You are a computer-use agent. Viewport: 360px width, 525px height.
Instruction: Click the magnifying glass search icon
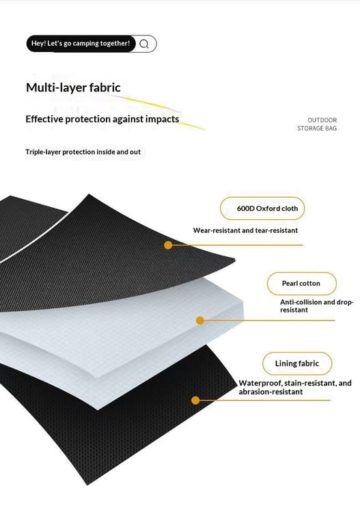144,44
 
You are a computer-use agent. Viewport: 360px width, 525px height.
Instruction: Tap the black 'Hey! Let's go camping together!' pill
81,44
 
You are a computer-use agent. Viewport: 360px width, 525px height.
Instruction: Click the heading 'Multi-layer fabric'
73,87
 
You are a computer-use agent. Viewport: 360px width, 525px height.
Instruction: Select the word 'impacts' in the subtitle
163,119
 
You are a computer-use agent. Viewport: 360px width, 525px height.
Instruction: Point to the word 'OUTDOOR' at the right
322,120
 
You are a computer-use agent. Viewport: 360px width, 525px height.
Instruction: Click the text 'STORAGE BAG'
317,129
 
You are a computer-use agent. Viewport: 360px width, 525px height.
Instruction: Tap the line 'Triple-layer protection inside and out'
83,152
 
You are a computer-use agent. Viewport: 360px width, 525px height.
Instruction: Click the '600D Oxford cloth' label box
262,208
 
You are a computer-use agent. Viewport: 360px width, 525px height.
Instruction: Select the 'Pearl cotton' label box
301,284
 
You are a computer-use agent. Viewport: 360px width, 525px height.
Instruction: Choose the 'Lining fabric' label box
297,363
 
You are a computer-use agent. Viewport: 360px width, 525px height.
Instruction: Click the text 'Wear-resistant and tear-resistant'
245,230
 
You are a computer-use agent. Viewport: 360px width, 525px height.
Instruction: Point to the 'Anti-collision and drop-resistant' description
316,306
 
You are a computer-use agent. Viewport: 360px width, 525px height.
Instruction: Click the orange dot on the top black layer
168,245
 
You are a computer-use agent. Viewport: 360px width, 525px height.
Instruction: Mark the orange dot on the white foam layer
200,321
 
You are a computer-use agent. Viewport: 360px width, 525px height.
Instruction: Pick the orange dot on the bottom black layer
195,400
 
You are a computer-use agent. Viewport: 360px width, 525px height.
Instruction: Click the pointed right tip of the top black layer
235,260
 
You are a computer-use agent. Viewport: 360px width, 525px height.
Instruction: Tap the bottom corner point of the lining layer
87,485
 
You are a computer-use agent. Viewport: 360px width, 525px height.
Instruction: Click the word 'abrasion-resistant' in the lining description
271,392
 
